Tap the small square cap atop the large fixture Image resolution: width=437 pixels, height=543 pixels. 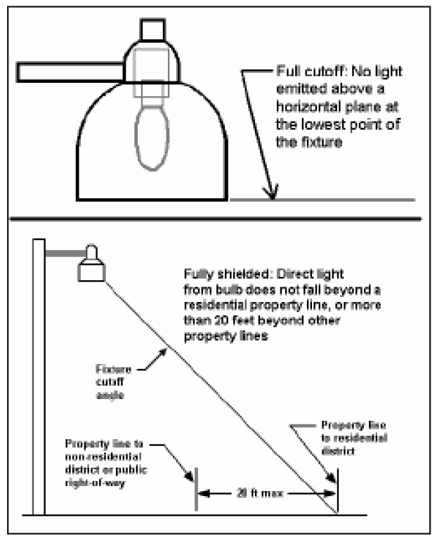pyautogui.click(x=152, y=30)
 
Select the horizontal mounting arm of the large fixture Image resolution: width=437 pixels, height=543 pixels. pyautogui.click(x=70, y=71)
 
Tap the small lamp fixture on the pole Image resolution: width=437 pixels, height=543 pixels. pyautogui.click(x=91, y=266)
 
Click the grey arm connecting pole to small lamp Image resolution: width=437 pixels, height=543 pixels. pyautogui.click(x=63, y=251)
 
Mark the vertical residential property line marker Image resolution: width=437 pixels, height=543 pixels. pyautogui.click(x=337, y=492)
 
